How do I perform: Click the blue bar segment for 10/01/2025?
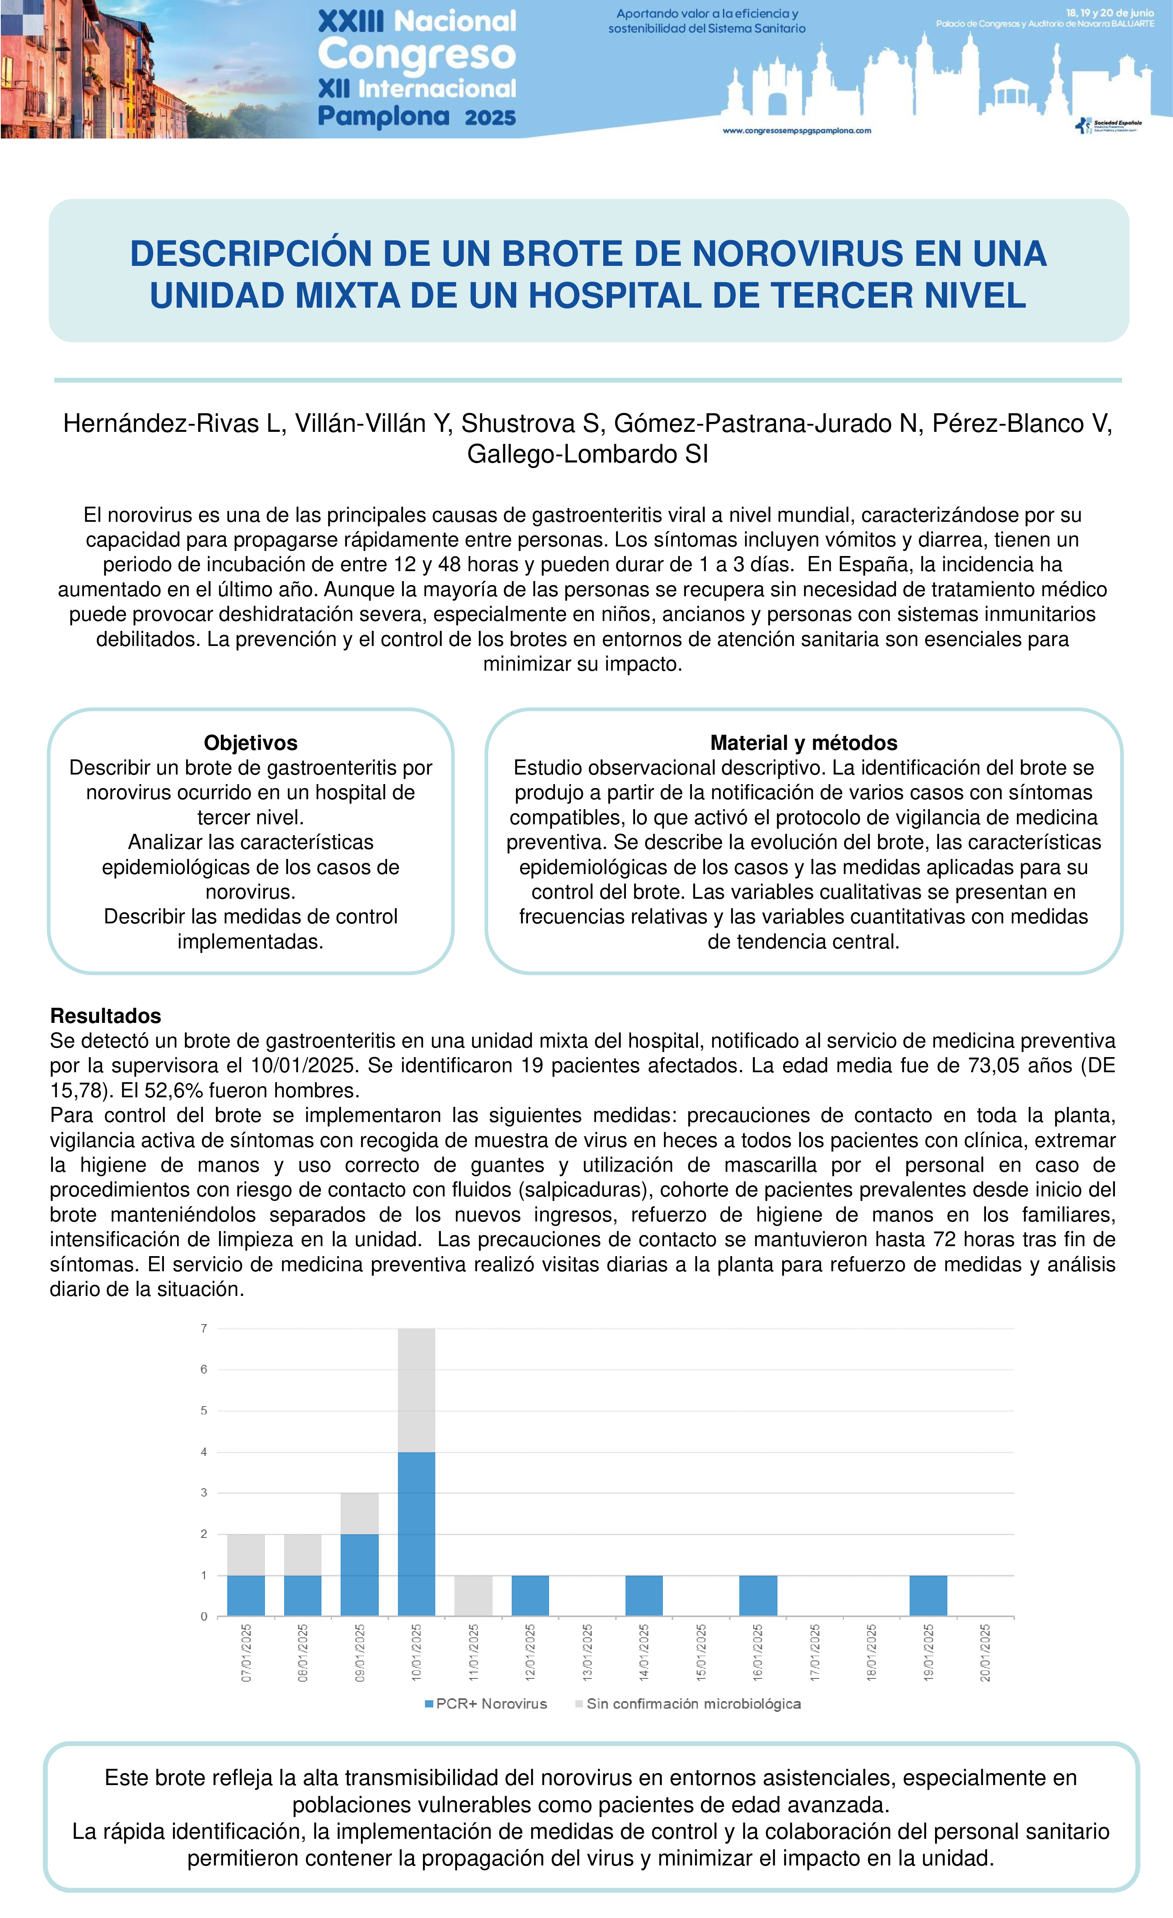point(417,1534)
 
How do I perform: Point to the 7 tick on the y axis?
point(204,1329)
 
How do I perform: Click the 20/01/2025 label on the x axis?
point(986,1653)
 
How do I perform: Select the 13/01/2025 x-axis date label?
point(588,1653)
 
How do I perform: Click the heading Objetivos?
point(251,743)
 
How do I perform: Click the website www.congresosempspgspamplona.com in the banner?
point(797,131)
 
